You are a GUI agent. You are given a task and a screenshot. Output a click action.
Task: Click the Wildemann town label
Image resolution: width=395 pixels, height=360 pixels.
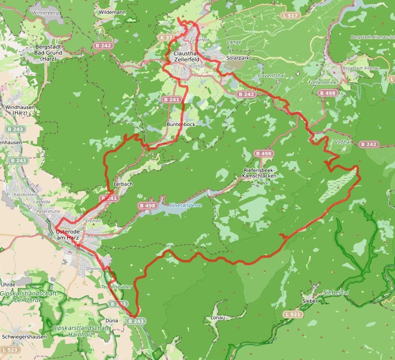(x=113, y=11)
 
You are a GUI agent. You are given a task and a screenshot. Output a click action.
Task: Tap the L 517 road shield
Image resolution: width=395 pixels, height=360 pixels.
(x=290, y=15)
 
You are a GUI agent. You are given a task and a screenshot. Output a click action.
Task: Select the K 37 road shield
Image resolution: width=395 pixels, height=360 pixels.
(x=166, y=37)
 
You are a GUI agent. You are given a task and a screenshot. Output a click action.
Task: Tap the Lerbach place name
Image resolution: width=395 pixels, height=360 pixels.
(x=124, y=184)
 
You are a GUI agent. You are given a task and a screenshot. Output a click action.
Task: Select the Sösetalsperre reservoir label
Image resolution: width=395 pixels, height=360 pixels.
(x=185, y=205)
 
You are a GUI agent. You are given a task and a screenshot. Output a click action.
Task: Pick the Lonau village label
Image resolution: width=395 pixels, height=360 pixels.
(x=217, y=317)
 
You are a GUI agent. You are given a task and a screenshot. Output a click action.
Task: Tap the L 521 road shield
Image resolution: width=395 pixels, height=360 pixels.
(x=293, y=314)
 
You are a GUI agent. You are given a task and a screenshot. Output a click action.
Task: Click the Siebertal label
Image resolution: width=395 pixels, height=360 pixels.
(x=336, y=292)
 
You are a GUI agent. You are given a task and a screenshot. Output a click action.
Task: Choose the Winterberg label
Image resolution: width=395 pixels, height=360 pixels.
(x=45, y=13)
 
